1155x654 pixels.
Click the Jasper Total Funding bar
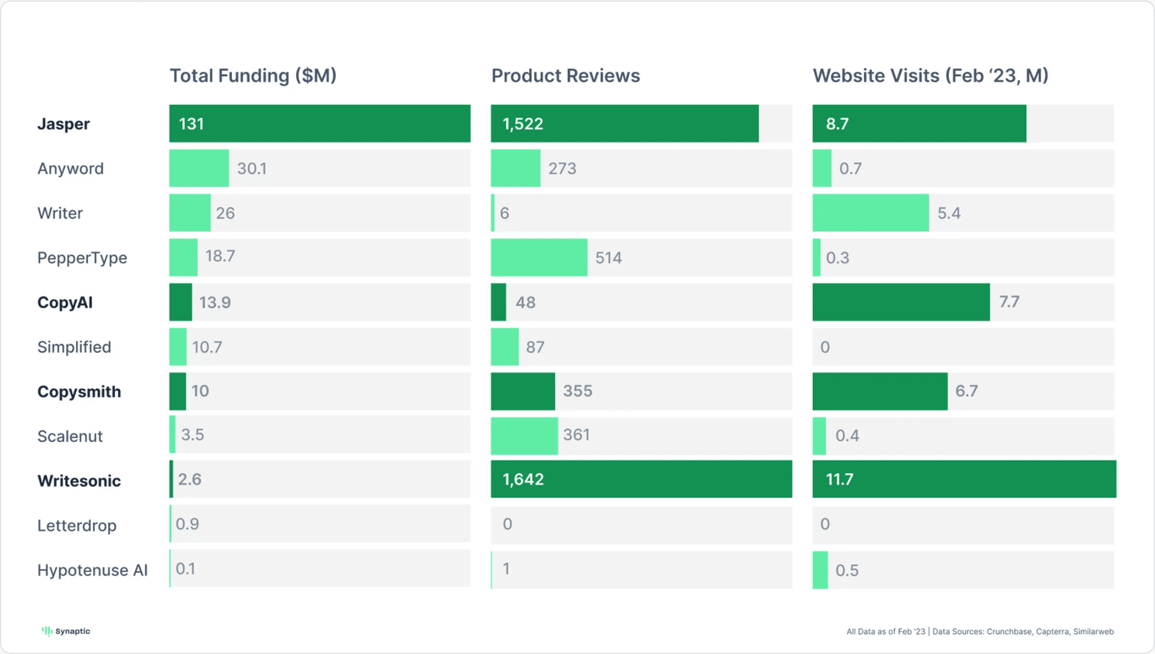tap(320, 124)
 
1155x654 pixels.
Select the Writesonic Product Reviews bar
tap(641, 479)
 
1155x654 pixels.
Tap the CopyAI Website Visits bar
tap(900, 302)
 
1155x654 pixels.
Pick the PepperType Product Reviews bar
tap(539, 257)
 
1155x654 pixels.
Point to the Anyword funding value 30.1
tap(252, 168)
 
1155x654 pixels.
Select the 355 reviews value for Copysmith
tap(578, 391)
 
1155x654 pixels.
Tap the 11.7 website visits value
tap(839, 479)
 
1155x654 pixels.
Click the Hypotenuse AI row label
tap(92, 570)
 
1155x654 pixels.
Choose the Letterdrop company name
tap(77, 525)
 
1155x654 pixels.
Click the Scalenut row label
tap(70, 436)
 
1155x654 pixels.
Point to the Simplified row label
tap(74, 347)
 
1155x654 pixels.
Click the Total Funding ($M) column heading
tap(253, 76)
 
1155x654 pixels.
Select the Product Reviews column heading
tap(565, 76)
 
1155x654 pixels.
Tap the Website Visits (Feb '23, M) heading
tap(930, 76)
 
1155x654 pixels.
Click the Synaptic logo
tap(66, 631)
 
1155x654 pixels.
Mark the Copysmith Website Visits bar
tap(880, 391)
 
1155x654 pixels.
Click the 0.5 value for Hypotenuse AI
tap(847, 570)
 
